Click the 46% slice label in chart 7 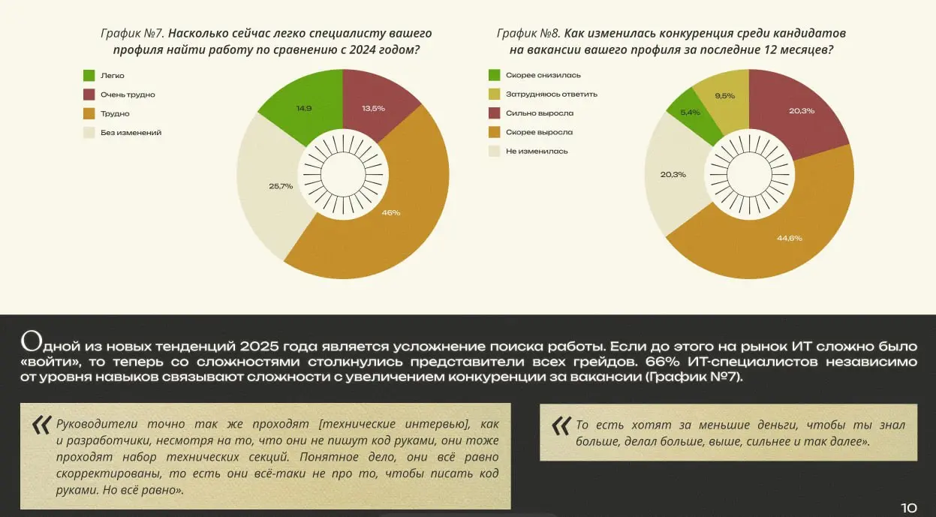pyautogui.click(x=391, y=212)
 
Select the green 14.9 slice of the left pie pyautogui.click(x=304, y=108)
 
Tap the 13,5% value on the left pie pyautogui.click(x=373, y=108)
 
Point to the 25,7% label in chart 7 pyautogui.click(x=281, y=186)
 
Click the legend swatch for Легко pyautogui.click(x=89, y=76)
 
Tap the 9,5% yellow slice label pyautogui.click(x=724, y=95)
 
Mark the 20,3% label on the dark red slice pyautogui.click(x=802, y=111)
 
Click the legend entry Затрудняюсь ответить pyautogui.click(x=551, y=94)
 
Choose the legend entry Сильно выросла pyautogui.click(x=539, y=113)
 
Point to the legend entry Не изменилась pyautogui.click(x=536, y=151)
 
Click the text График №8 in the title pyautogui.click(x=528, y=34)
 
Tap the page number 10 pyautogui.click(x=908, y=507)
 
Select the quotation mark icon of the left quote pyautogui.click(x=41, y=425)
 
